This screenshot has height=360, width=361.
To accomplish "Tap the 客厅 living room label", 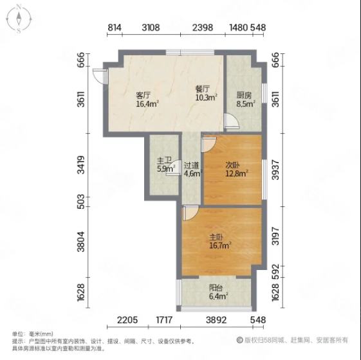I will click(x=143, y=94).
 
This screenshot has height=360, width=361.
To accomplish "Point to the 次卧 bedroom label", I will click(x=232, y=164).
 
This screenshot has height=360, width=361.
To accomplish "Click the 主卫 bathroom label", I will click(x=164, y=161).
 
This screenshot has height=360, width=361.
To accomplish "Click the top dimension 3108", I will click(x=151, y=27).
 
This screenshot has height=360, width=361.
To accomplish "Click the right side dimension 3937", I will click(x=275, y=170).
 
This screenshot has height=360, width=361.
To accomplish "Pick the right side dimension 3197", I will click(x=275, y=236).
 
